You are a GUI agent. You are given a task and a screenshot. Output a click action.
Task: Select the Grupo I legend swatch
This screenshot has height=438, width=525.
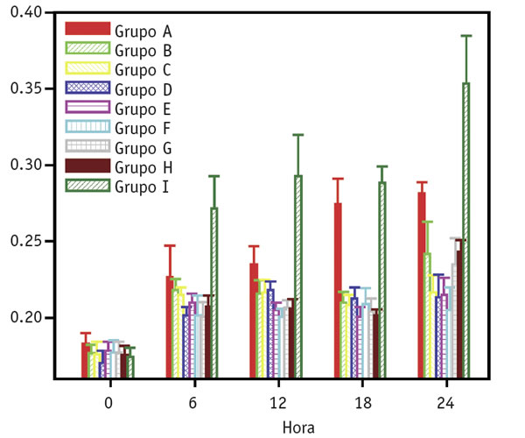88,185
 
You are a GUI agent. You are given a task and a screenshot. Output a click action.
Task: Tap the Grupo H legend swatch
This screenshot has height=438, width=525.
88,166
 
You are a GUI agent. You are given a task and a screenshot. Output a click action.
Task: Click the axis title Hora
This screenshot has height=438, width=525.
298,427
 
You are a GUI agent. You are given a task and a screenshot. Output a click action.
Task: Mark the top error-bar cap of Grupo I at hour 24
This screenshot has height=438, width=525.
466,36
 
